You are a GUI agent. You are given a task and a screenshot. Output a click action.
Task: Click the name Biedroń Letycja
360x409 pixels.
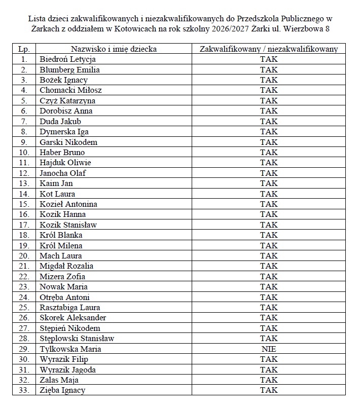coord(67,59)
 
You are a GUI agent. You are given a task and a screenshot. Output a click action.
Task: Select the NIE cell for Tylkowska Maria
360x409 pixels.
coord(269,349)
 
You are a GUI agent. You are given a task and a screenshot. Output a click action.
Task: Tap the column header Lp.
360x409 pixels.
coord(23,49)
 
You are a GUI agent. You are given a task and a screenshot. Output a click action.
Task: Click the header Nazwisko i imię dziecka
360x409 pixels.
coord(114,49)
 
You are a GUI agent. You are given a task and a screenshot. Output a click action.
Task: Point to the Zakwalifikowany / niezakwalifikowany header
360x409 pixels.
coord(269,49)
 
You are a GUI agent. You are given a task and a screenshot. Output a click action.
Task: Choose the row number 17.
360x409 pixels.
coord(23,225)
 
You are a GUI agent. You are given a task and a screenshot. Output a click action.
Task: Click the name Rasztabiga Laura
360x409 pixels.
coord(69,307)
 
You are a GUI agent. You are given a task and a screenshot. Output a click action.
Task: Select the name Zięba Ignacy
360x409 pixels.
coord(62,390)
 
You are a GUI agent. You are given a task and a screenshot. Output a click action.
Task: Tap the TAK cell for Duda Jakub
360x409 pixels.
coord(269,121)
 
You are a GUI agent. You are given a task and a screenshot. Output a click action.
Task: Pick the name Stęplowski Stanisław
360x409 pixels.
coord(77,338)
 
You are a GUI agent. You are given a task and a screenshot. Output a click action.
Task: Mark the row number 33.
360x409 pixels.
coord(23,390)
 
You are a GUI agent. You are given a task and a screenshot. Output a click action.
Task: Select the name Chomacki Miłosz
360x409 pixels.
coord(70,90)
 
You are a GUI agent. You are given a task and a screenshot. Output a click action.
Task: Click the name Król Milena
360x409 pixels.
coord(61,245)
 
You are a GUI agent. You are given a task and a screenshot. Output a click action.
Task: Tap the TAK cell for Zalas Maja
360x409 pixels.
coord(269,380)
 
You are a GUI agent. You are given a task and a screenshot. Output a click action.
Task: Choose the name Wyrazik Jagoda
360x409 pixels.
coord(67,369)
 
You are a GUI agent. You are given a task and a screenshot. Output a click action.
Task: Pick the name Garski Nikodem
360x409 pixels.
coord(68,142)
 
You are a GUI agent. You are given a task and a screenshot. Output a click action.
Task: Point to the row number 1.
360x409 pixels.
coord(23,59)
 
